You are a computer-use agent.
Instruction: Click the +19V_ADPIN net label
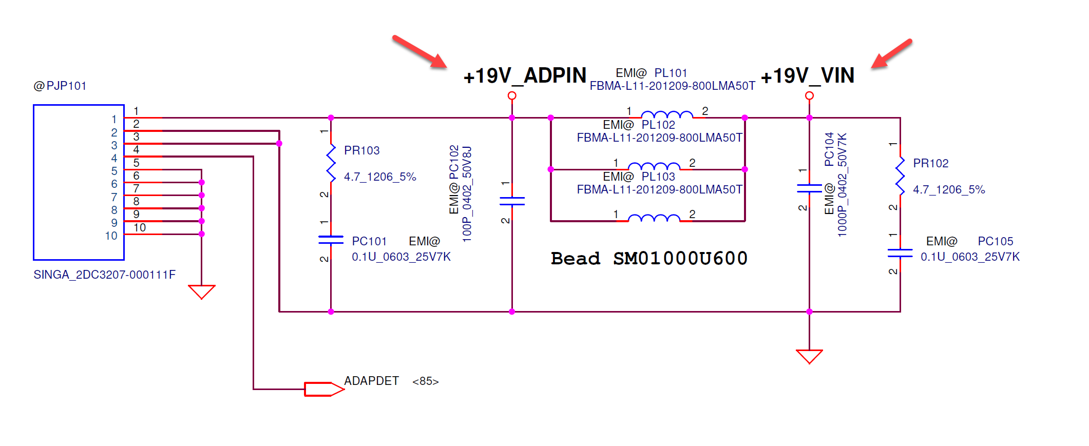(524, 76)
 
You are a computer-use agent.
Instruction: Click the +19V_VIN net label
(807, 76)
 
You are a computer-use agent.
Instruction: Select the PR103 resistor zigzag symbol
(331, 163)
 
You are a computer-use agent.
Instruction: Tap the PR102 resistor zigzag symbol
(900, 176)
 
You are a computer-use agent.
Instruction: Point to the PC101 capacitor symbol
(331, 240)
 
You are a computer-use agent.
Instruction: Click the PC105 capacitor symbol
(900, 253)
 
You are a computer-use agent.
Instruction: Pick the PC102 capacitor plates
(512, 201)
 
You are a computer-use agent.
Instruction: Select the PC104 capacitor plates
(809, 188)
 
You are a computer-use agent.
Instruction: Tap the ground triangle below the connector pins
(202, 291)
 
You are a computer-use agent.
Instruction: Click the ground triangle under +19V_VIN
(809, 356)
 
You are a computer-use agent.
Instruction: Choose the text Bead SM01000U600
(649, 258)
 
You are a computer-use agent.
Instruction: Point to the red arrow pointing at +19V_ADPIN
(419, 51)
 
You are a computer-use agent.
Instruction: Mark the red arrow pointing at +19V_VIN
(892, 54)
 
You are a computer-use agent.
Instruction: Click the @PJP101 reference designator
(60, 86)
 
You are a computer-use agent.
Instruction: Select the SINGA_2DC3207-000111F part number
(104, 275)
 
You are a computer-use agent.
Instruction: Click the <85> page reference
(425, 381)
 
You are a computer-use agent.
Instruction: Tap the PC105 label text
(995, 241)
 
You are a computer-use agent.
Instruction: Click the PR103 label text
(361, 150)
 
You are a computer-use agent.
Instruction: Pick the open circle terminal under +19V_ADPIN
(512, 95)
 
